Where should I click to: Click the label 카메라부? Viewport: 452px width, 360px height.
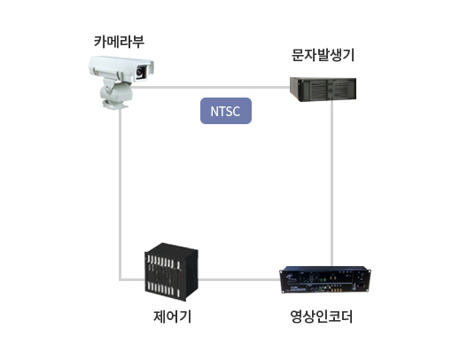(119, 42)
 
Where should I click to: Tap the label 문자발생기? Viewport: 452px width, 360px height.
(323, 55)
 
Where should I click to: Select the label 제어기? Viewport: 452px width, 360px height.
(172, 317)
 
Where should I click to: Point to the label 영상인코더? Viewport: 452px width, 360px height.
(322, 317)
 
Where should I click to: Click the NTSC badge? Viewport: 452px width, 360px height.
(226, 111)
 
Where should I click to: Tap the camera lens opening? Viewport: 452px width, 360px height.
(140, 71)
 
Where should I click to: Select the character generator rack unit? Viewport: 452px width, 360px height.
(323, 89)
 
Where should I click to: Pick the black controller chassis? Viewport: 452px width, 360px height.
(171, 272)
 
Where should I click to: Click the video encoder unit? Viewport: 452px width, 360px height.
(325, 279)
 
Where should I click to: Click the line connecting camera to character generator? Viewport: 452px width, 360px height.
(210, 87)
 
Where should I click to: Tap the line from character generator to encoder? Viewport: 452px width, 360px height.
(332, 184)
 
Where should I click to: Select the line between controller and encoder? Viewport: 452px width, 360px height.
(238, 279)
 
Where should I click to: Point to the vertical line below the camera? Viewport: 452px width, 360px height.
(121, 193)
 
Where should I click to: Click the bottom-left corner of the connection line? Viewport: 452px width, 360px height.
(121, 279)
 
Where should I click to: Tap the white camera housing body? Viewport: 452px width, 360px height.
(121, 68)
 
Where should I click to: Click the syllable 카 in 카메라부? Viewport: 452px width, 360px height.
(100, 42)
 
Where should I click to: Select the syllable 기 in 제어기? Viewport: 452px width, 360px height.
(185, 317)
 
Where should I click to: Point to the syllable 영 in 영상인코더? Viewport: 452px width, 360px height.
(296, 317)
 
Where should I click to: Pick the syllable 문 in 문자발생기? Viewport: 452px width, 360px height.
(298, 55)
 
